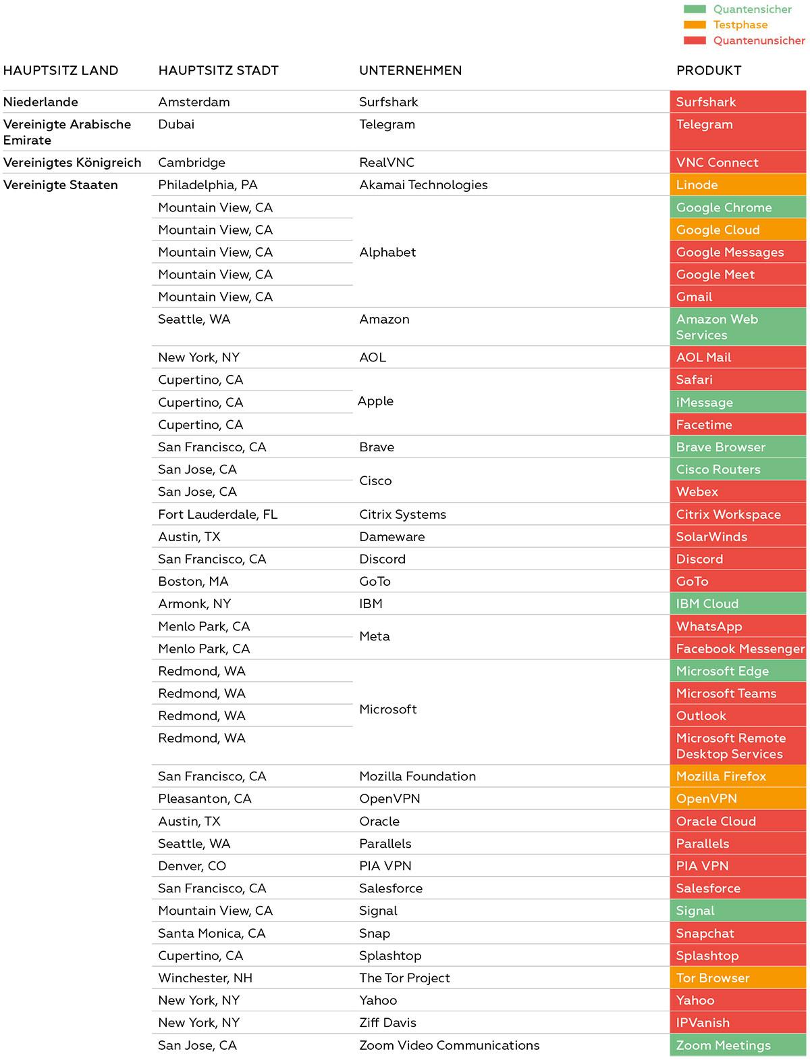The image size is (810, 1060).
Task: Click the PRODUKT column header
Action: pos(709,70)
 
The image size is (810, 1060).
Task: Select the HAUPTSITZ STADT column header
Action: pos(218,70)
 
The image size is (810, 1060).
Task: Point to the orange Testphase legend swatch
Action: pos(695,25)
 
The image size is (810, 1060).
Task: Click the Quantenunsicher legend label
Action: pos(759,41)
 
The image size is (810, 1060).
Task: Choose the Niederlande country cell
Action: pos(40,102)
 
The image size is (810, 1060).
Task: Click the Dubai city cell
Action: pos(176,124)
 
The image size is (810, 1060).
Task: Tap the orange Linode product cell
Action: pos(738,184)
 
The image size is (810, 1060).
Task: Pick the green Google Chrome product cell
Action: pos(738,207)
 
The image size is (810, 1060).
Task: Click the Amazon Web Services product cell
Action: pos(738,327)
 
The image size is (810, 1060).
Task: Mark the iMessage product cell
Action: pos(738,402)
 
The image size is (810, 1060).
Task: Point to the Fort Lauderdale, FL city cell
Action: pos(217,514)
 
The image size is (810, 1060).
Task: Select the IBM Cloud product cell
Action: pos(738,603)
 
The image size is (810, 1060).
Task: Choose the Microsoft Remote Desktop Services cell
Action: pos(738,746)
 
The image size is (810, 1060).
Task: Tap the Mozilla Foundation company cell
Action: pos(417,776)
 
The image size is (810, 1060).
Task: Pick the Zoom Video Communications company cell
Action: pos(449,1045)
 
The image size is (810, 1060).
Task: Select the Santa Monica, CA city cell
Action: pos(211,933)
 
